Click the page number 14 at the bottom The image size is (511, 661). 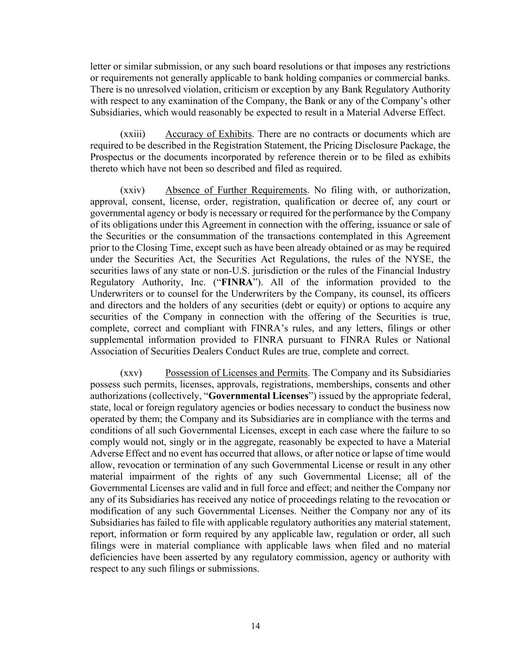point(256,626)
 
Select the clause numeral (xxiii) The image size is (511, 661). point(133,134)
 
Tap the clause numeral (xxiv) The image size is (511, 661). point(132,190)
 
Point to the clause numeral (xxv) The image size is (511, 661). point(131,373)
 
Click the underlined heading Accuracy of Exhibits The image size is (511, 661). point(208,134)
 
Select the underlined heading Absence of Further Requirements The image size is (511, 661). point(236,190)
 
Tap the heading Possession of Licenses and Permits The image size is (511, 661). point(236,373)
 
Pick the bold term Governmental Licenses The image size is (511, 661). point(258,396)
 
